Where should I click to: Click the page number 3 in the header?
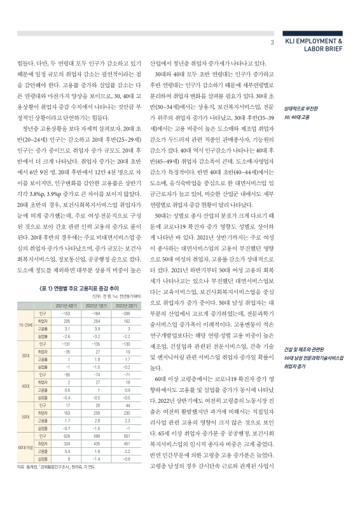[272, 43]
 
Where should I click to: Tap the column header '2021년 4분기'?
[66, 305]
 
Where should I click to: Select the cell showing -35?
[66, 351]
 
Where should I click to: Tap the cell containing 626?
[66, 436]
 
